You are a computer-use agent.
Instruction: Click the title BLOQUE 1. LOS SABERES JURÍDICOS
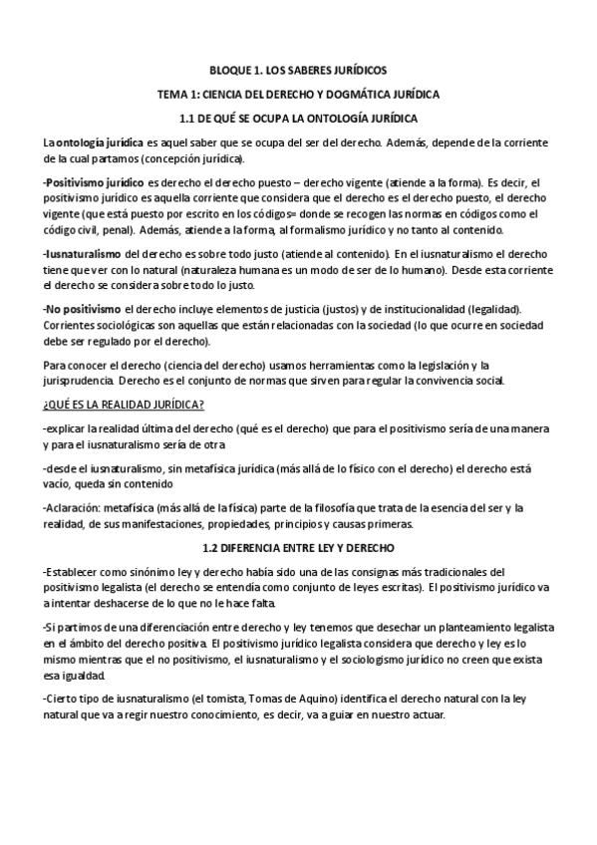coord(298,71)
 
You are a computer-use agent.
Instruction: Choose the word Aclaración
coord(75,507)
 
